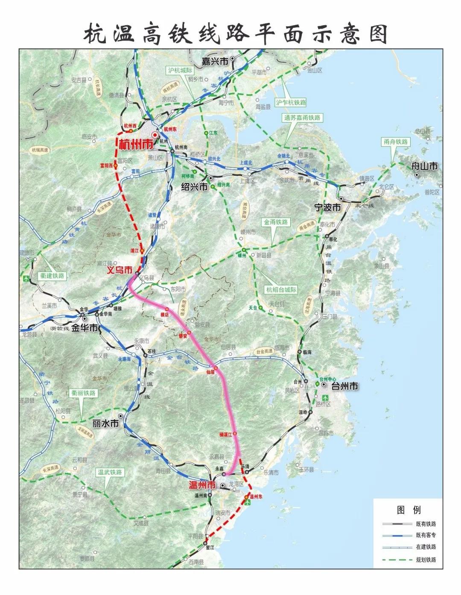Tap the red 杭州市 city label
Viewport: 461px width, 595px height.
136,144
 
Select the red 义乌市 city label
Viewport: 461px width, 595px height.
120,270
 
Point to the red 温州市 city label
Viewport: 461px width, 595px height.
202,485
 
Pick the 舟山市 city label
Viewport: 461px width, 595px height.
424,166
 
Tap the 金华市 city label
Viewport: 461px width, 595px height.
84,328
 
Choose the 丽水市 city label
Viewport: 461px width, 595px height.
105,423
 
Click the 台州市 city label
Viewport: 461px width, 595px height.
344,386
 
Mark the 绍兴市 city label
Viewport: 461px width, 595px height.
194,187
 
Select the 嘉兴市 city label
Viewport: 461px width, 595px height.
215,62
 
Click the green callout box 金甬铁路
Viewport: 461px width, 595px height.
276,222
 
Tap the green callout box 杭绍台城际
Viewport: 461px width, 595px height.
281,290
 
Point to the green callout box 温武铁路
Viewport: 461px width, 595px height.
110,472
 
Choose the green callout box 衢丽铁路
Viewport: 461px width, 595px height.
84,393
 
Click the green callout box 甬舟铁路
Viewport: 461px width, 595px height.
396,142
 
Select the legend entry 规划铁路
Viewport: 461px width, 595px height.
426,560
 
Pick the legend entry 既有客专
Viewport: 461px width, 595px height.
426,535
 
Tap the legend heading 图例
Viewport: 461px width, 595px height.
408,510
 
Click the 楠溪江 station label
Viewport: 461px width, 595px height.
225,434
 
